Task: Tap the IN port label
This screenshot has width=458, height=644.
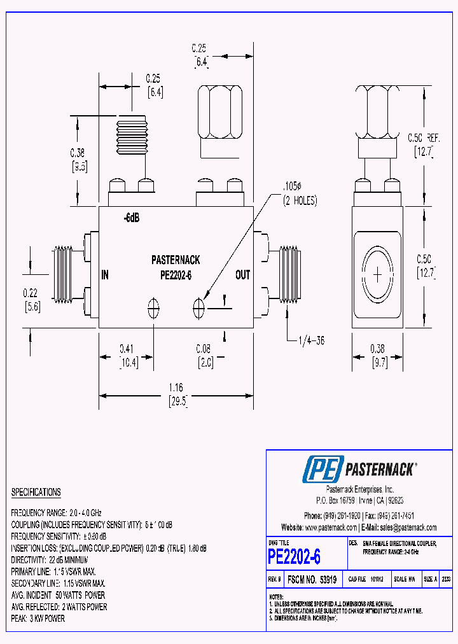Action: click(x=106, y=275)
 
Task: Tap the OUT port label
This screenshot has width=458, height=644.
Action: click(x=242, y=275)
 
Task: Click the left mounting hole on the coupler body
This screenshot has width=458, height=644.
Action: click(x=153, y=308)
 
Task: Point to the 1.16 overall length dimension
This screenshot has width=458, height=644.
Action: click(x=176, y=386)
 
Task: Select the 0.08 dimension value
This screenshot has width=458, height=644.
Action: click(x=203, y=349)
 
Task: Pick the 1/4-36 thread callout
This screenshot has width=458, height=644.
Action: click(x=311, y=340)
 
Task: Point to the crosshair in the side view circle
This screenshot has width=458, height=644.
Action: click(x=378, y=275)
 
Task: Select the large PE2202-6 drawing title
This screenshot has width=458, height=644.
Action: click(x=295, y=557)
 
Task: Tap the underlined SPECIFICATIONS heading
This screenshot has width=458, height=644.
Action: click(x=36, y=493)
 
